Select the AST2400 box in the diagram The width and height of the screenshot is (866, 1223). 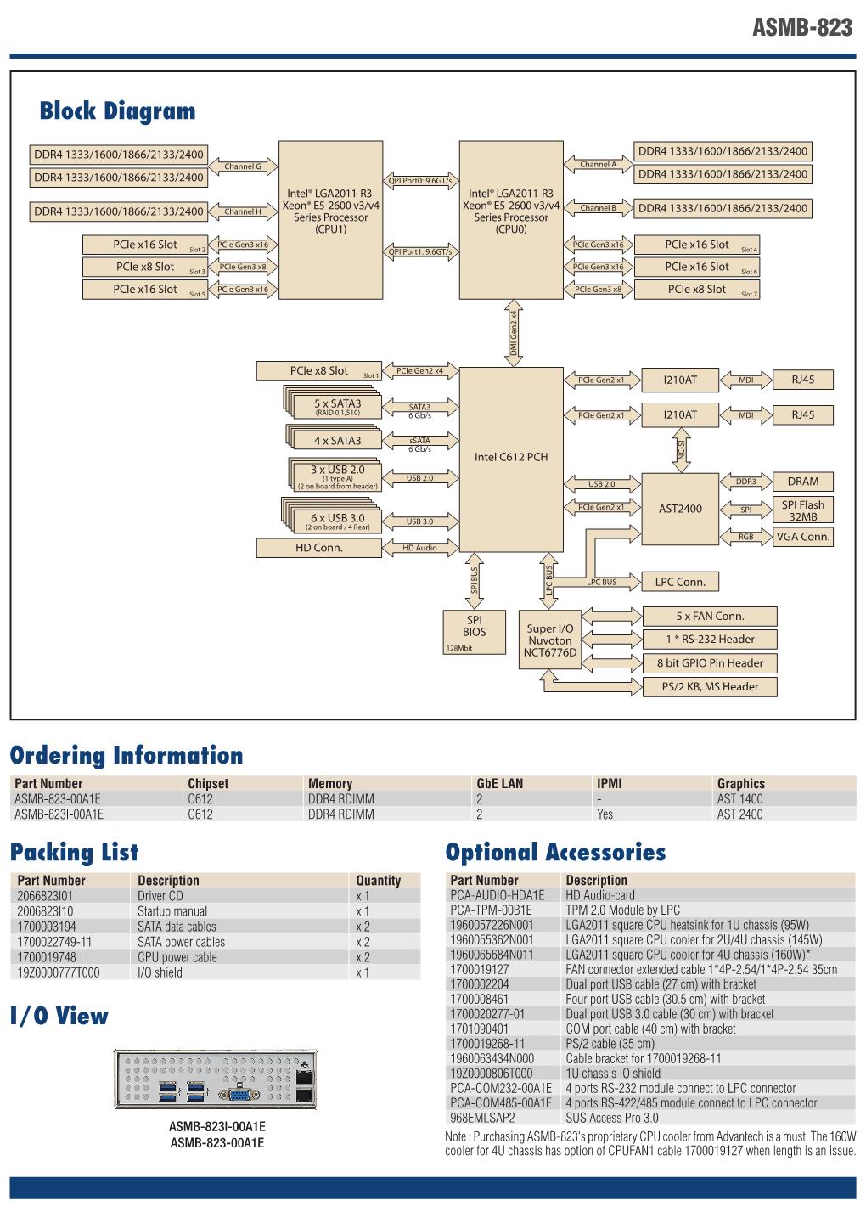(680, 509)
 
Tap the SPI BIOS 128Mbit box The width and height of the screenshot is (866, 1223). (475, 632)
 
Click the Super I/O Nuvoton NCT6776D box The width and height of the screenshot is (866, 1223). (549, 640)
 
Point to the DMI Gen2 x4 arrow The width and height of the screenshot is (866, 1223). (514, 333)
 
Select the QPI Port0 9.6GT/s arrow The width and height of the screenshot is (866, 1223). (420, 180)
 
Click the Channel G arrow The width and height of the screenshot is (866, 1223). (243, 166)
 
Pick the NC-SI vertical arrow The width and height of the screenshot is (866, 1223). (681, 450)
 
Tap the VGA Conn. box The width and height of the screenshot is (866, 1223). (802, 537)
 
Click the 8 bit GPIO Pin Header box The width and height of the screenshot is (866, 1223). (710, 662)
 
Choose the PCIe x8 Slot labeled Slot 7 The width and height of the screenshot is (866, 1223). (697, 290)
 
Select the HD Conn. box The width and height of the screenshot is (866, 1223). (318, 548)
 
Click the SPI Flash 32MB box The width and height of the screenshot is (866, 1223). (802, 510)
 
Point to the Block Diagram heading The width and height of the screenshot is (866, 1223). (117, 110)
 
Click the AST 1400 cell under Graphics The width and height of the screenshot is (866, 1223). (739, 798)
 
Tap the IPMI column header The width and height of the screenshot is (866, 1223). (609, 783)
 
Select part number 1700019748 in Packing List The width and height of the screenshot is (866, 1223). (47, 957)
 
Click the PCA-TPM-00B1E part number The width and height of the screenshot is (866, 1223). (491, 910)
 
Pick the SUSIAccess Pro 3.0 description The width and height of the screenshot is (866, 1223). (611, 1118)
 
